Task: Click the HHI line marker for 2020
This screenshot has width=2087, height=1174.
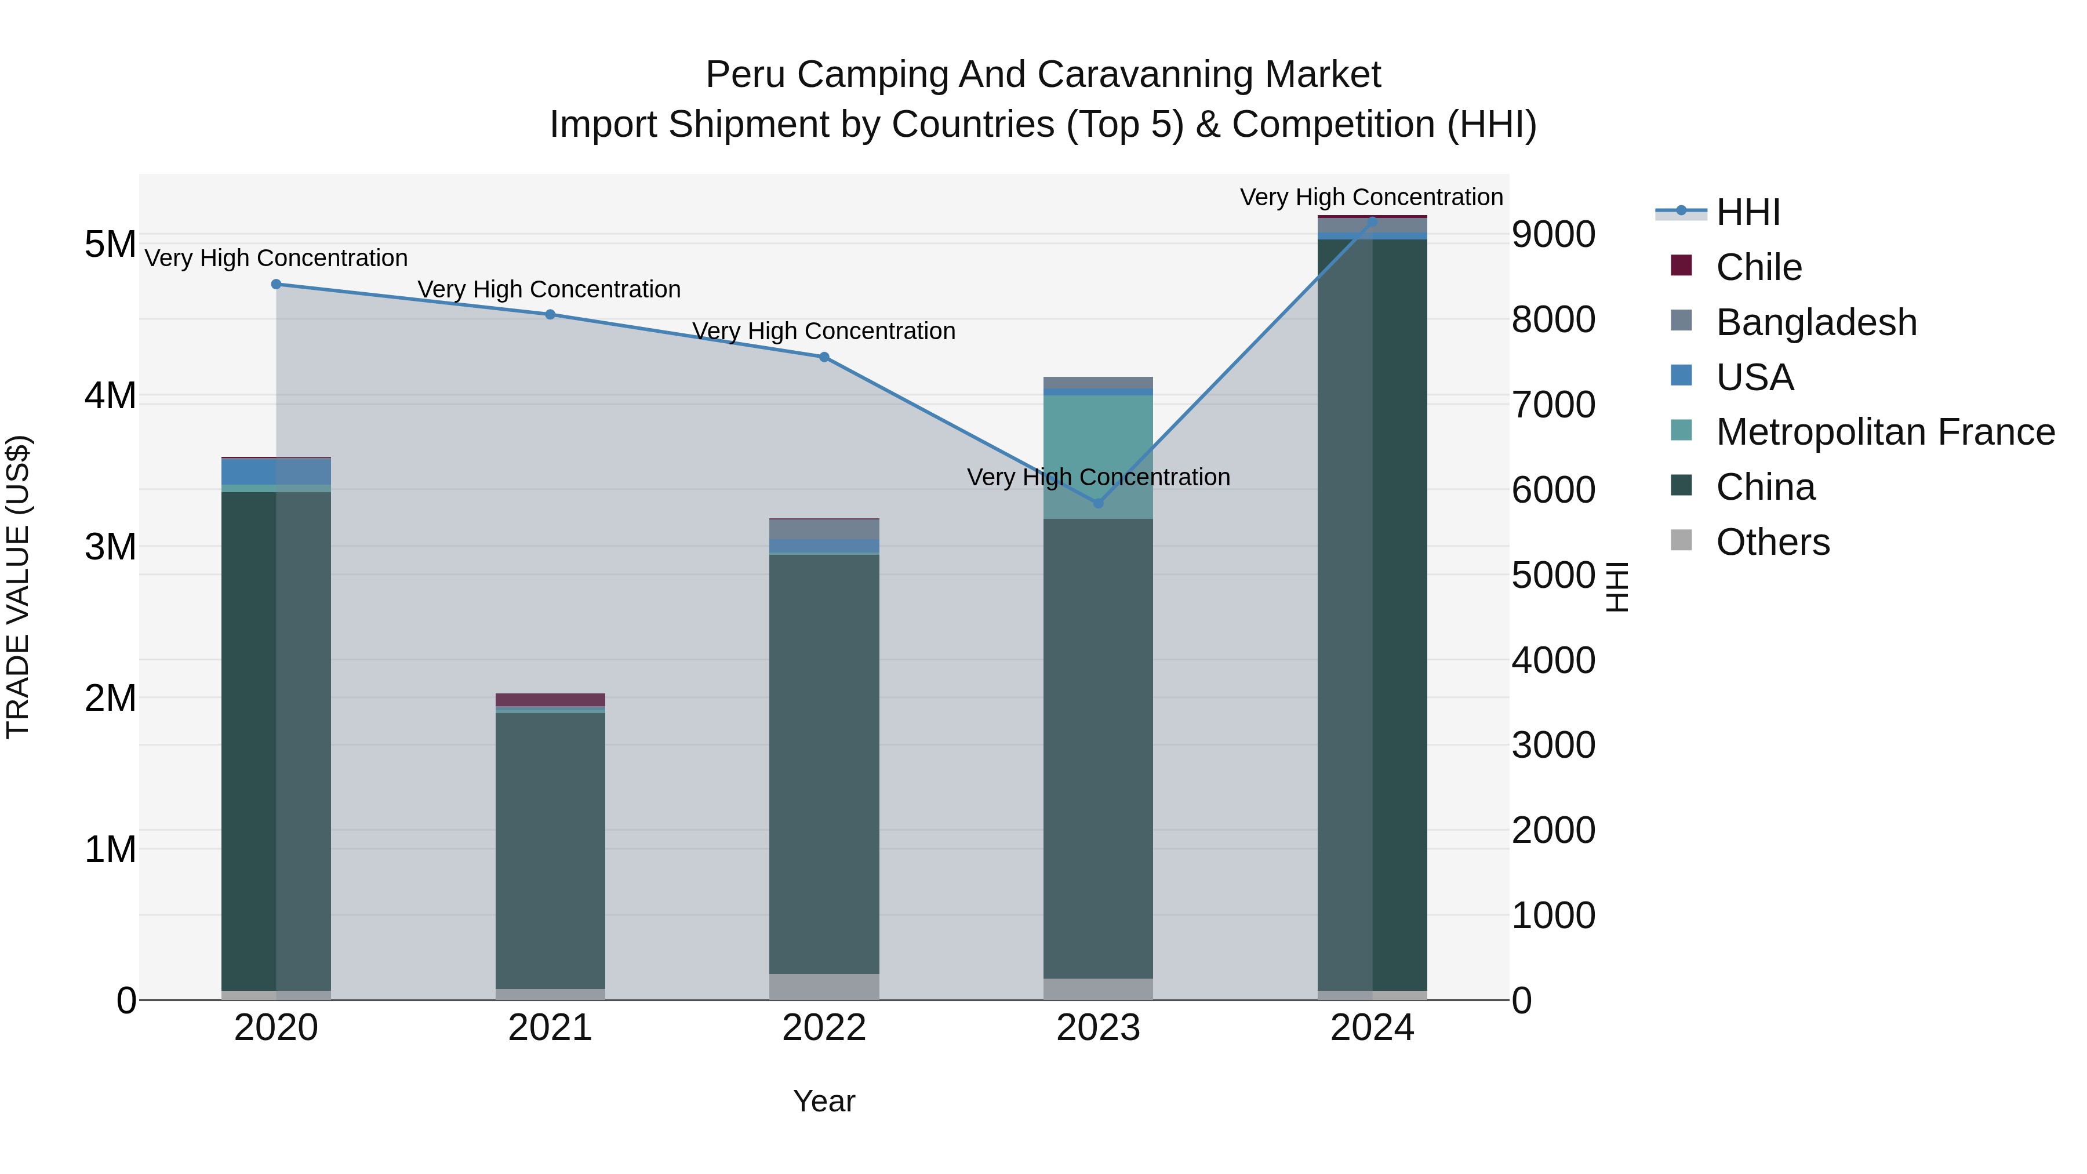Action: [277, 285]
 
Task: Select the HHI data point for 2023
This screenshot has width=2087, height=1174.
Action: [1098, 503]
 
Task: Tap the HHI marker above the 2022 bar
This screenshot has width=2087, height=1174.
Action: [824, 357]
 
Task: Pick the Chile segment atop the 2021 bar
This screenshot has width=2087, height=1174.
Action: [550, 699]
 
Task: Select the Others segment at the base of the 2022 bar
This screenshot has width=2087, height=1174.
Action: [824, 986]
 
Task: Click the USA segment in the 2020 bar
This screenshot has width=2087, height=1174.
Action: [277, 471]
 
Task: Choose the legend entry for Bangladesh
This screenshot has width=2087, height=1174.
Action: [1816, 322]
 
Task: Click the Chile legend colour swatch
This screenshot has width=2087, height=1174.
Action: [1681, 266]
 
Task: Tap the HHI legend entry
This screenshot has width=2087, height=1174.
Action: [1747, 212]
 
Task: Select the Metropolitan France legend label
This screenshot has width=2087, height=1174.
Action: [1885, 432]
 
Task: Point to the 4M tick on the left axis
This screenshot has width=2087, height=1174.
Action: [110, 396]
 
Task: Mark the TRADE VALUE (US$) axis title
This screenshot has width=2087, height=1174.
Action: [18, 587]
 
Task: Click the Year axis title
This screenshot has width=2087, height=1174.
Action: [824, 1101]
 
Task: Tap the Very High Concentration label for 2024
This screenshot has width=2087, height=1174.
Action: [1371, 197]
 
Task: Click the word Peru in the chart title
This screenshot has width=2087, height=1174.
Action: [746, 75]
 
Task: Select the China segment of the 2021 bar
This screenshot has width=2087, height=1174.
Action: [550, 850]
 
